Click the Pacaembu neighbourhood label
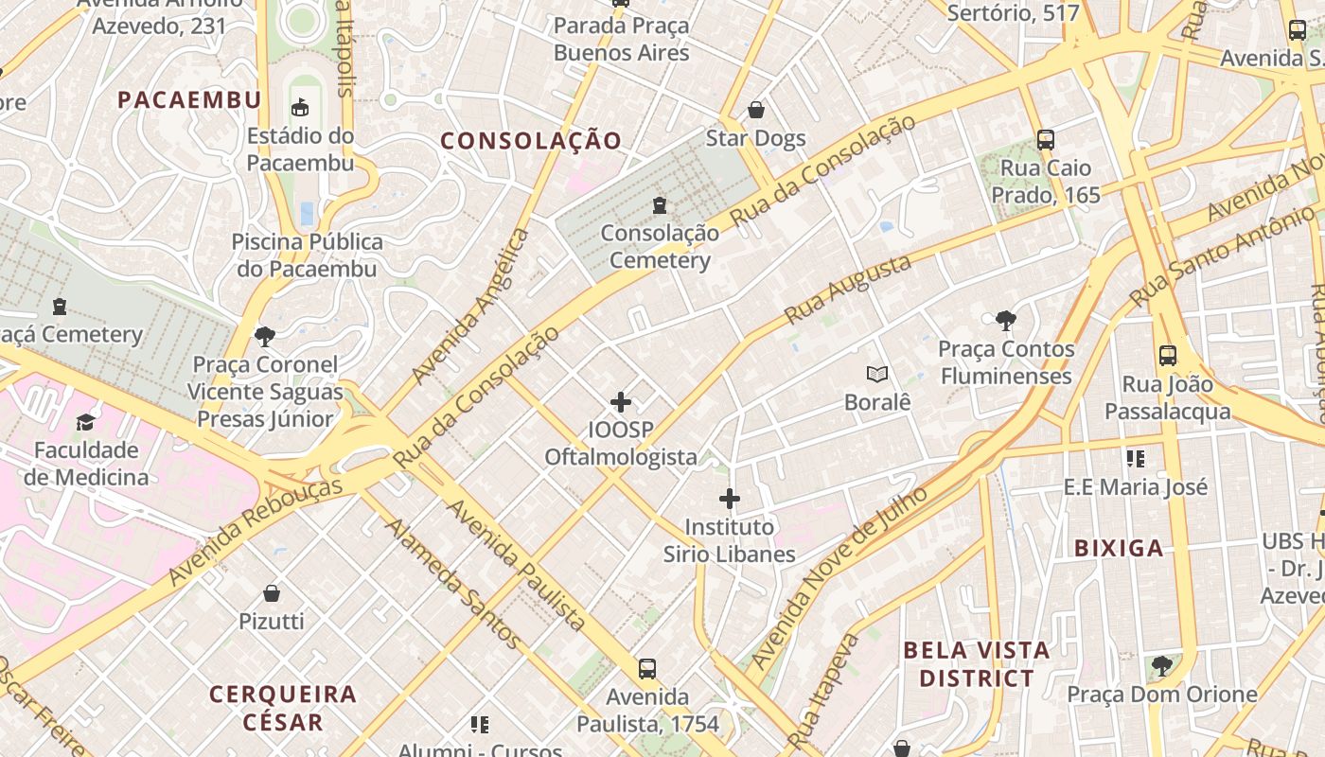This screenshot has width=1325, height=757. pyautogui.click(x=189, y=99)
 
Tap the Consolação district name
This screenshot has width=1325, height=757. pyautogui.click(x=531, y=141)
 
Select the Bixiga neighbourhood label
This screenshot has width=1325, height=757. pyautogui.click(x=1119, y=548)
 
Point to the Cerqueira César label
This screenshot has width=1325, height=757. pyautogui.click(x=283, y=708)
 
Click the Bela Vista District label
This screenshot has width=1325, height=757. pyautogui.click(x=977, y=664)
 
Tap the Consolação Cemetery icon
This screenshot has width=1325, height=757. pyautogui.click(x=660, y=204)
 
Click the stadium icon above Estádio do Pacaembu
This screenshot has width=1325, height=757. pyautogui.click(x=300, y=107)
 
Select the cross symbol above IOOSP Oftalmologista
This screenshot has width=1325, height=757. pyautogui.click(x=621, y=402)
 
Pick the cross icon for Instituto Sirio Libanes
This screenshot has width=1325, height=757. pyautogui.click(x=729, y=499)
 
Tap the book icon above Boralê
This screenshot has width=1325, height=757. pyautogui.click(x=877, y=375)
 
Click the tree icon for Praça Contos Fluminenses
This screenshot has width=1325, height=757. pyautogui.click(x=1006, y=321)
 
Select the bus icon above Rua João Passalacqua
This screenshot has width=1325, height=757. pyautogui.click(x=1168, y=356)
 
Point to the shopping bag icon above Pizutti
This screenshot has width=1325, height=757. pyautogui.click(x=272, y=593)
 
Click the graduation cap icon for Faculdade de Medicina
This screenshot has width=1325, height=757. pyautogui.click(x=86, y=422)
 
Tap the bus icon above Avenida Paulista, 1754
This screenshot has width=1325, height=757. pyautogui.click(x=647, y=669)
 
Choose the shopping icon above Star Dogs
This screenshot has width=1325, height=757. pyautogui.click(x=755, y=110)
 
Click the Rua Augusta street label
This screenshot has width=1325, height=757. pyautogui.click(x=848, y=289)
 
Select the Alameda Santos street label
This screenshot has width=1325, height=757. pyautogui.click(x=452, y=584)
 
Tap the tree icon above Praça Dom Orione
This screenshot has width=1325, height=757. pyautogui.click(x=1161, y=666)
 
